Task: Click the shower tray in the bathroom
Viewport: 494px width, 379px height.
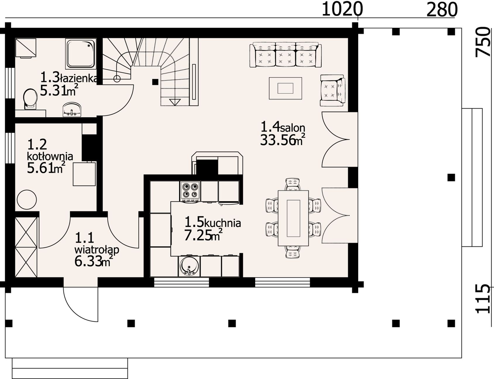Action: coord(81,54)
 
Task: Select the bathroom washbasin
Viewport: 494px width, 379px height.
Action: coord(72,109)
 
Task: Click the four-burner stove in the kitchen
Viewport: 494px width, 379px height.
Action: coord(191,191)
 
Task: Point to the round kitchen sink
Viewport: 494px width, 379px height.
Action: coord(189,266)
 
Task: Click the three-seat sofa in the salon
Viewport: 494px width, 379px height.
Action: coord(285,55)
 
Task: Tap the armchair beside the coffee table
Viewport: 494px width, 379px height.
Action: coord(332,90)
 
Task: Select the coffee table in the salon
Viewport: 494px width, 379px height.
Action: coord(285,88)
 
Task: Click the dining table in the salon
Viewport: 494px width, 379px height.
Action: coord(293,218)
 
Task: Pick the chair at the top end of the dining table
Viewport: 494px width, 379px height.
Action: coord(293,184)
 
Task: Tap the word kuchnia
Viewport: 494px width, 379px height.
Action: coord(222,223)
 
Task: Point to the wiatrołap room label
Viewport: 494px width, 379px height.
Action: coord(97,250)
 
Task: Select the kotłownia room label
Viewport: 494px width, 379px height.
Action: coord(50,156)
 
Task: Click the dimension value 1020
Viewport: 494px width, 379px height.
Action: coord(342,9)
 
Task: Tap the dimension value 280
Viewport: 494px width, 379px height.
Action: coord(442,9)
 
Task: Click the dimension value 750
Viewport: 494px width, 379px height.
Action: coord(483,42)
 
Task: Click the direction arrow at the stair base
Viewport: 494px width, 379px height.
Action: coord(175,102)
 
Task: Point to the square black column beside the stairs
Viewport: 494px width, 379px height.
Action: coord(155,82)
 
